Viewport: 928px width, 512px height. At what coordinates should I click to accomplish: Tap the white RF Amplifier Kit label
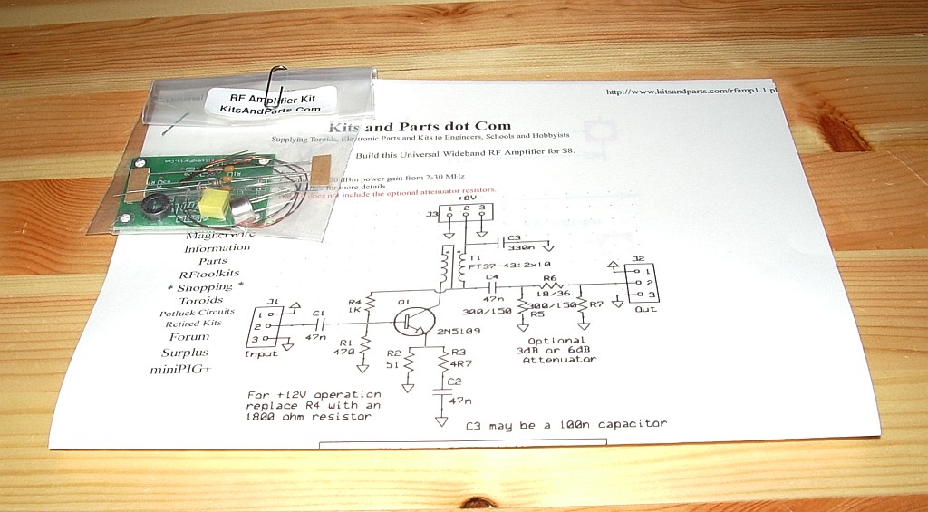point(271,100)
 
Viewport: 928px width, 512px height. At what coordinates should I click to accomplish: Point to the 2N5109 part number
point(458,333)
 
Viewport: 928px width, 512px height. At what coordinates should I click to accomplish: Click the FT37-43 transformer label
point(507,268)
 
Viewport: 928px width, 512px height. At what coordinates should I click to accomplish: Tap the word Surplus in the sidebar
point(185,353)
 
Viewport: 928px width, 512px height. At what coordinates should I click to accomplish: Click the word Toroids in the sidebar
point(200,300)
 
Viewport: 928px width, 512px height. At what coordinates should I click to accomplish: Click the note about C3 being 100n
point(565,424)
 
